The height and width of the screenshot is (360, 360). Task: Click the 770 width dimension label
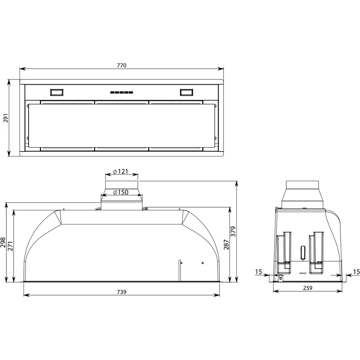[x=122, y=65]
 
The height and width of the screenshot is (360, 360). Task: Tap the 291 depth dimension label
[x=5, y=118]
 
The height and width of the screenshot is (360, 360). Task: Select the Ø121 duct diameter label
[x=121, y=171]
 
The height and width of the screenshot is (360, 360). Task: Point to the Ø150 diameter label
[x=121, y=192]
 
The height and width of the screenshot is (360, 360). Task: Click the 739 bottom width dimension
[x=122, y=292]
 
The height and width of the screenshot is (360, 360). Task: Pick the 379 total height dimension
[x=233, y=231]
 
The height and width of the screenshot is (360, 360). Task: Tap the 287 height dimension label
[x=227, y=244]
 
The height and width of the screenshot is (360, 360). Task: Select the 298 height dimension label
[x=3, y=243]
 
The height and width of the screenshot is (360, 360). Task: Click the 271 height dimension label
[x=10, y=246]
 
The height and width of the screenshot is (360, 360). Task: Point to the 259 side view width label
[x=308, y=288]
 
